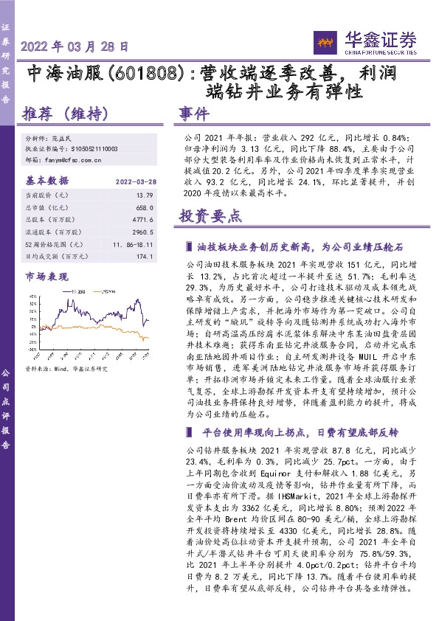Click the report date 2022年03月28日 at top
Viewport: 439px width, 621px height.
74,46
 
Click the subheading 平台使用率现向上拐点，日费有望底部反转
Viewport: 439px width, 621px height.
285,431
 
